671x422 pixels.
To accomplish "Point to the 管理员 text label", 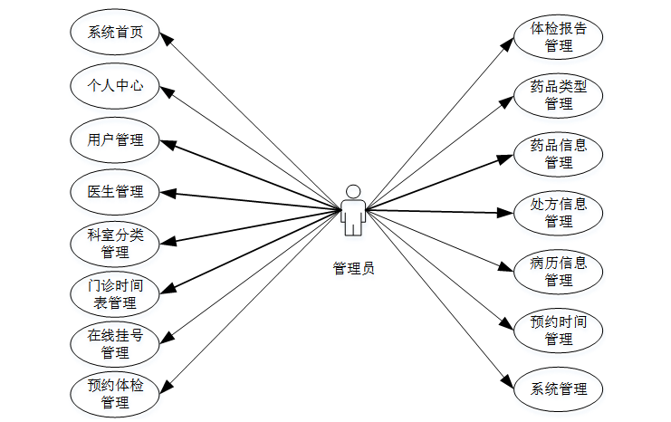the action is (353, 268).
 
